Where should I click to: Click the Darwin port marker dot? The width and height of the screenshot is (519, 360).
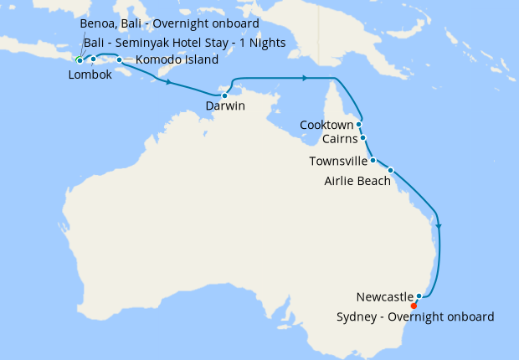(224, 95)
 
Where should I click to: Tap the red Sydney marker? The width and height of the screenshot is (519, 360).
(414, 306)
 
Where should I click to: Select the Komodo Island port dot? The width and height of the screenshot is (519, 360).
(119, 60)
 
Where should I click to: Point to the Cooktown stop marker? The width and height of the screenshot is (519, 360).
(359, 124)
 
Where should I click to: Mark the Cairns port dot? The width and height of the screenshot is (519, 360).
(363, 138)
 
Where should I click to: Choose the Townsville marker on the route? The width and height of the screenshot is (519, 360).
(373, 159)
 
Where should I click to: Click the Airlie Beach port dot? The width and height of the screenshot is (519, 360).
(390, 170)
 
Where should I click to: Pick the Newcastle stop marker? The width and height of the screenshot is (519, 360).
(419, 296)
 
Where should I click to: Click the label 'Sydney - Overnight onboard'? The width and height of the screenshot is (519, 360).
(414, 317)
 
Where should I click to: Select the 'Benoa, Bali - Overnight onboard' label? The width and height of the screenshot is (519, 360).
(168, 23)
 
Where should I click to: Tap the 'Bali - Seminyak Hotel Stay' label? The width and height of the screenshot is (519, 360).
(184, 42)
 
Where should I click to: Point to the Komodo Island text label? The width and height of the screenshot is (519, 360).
(177, 60)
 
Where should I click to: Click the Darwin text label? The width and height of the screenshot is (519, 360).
(225, 106)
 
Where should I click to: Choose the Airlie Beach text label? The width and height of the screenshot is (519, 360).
(357, 180)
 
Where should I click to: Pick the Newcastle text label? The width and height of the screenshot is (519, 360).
(384, 297)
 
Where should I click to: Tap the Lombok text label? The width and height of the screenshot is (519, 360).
(89, 74)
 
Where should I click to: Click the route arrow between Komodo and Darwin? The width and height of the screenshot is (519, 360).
(170, 83)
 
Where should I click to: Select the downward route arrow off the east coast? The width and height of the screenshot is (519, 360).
(439, 224)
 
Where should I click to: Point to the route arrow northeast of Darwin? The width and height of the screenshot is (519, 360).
(304, 78)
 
